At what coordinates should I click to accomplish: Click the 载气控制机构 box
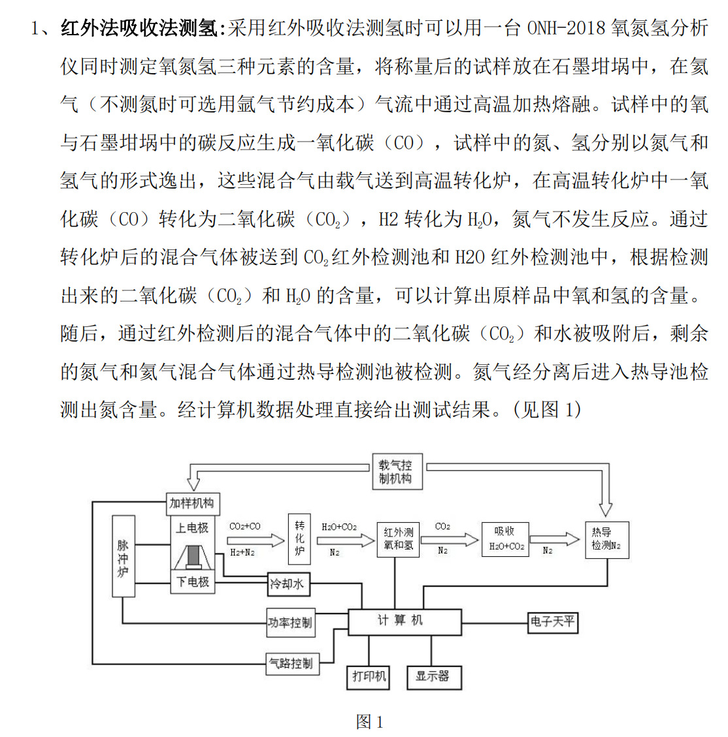396,472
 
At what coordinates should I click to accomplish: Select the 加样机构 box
191,503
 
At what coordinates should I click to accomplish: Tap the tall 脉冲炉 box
123,556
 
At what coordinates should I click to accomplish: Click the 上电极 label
192,527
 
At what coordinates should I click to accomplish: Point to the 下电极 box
192,582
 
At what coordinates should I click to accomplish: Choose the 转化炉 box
299,539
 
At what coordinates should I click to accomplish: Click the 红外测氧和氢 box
398,539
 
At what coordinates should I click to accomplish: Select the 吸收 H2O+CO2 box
506,539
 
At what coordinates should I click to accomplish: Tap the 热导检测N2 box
606,539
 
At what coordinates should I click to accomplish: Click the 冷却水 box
288,584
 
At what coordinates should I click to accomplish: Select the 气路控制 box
291,663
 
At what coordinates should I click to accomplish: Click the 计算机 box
405,621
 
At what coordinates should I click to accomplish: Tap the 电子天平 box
553,621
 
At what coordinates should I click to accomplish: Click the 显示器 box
433,676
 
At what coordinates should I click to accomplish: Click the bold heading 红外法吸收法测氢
140,28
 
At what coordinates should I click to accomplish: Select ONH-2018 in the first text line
566,28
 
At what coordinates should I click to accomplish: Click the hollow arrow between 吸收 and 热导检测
554,539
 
